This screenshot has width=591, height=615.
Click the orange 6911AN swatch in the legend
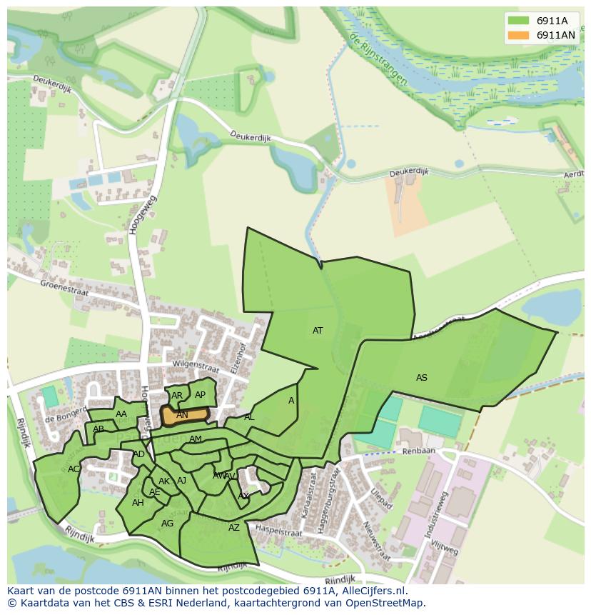519,35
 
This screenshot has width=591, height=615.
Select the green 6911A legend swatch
519,21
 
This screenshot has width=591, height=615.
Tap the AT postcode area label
318,331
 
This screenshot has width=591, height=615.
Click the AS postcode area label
422,377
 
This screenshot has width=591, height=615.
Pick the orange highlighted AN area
183,415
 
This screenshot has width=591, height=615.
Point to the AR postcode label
177,396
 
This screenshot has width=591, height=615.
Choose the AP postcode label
200,395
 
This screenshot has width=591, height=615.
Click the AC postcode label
74,469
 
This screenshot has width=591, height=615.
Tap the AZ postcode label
234,528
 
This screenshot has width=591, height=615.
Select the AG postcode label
167,524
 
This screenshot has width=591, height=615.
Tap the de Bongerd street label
59,418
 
